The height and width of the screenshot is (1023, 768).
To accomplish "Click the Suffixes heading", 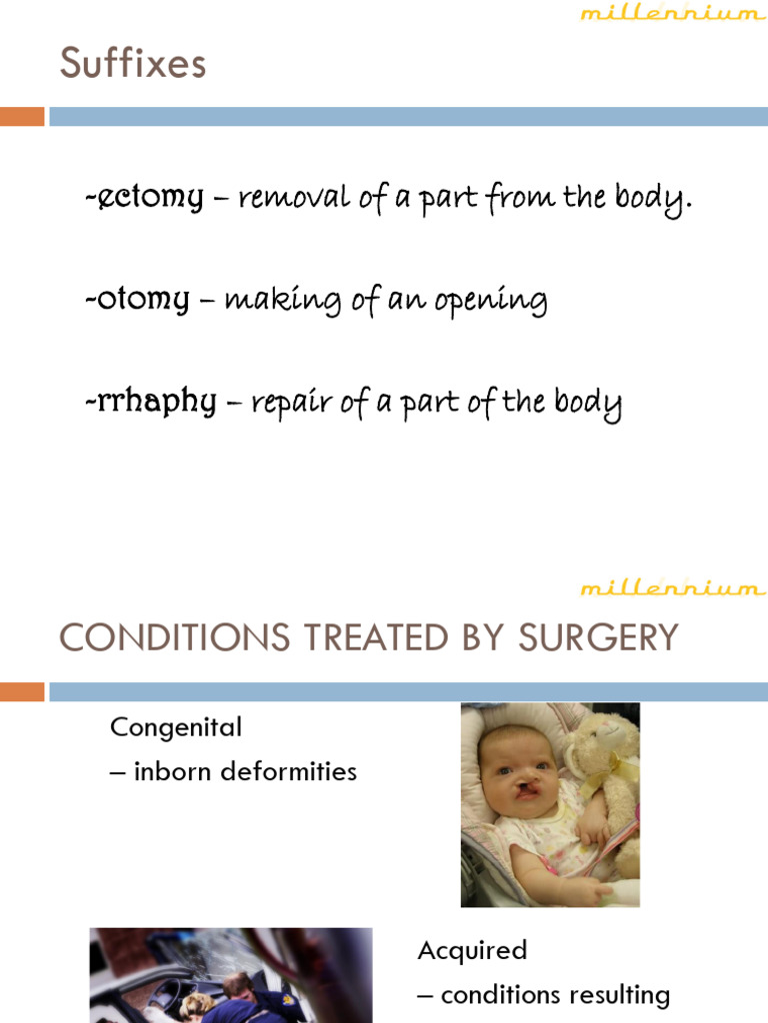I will [133, 64].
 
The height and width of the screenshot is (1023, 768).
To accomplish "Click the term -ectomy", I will [144, 197].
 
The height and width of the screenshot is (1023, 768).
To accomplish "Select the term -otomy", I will [138, 299].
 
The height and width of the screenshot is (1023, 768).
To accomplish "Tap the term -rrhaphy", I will [151, 402].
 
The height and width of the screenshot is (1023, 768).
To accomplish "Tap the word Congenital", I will [176, 726].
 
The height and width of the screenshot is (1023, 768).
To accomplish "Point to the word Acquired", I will [472, 950].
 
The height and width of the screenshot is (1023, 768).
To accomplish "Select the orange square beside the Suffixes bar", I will [22, 117].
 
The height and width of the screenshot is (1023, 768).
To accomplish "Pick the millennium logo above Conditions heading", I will [672, 587].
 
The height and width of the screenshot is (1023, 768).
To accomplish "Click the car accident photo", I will [230, 975].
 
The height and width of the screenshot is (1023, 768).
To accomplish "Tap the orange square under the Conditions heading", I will [22, 691].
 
